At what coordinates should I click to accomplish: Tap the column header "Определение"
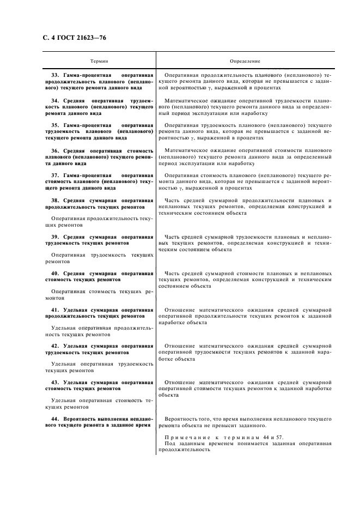click(x=245, y=62)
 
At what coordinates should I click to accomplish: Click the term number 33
click(x=54, y=75)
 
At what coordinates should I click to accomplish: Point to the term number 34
click(x=54, y=101)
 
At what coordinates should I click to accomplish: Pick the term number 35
click(x=54, y=126)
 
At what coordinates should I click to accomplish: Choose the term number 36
click(x=54, y=151)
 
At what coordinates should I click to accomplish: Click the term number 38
click(x=54, y=201)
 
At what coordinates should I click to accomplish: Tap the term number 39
click(x=54, y=237)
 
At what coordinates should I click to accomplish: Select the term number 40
click(x=54, y=273)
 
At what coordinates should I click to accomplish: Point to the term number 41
click(x=54, y=309)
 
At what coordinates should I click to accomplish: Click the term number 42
click(x=54, y=346)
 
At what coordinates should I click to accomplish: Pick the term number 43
click(x=54, y=382)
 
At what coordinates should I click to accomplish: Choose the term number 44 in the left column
click(x=54, y=418)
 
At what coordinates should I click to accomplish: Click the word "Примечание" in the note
click(x=187, y=438)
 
